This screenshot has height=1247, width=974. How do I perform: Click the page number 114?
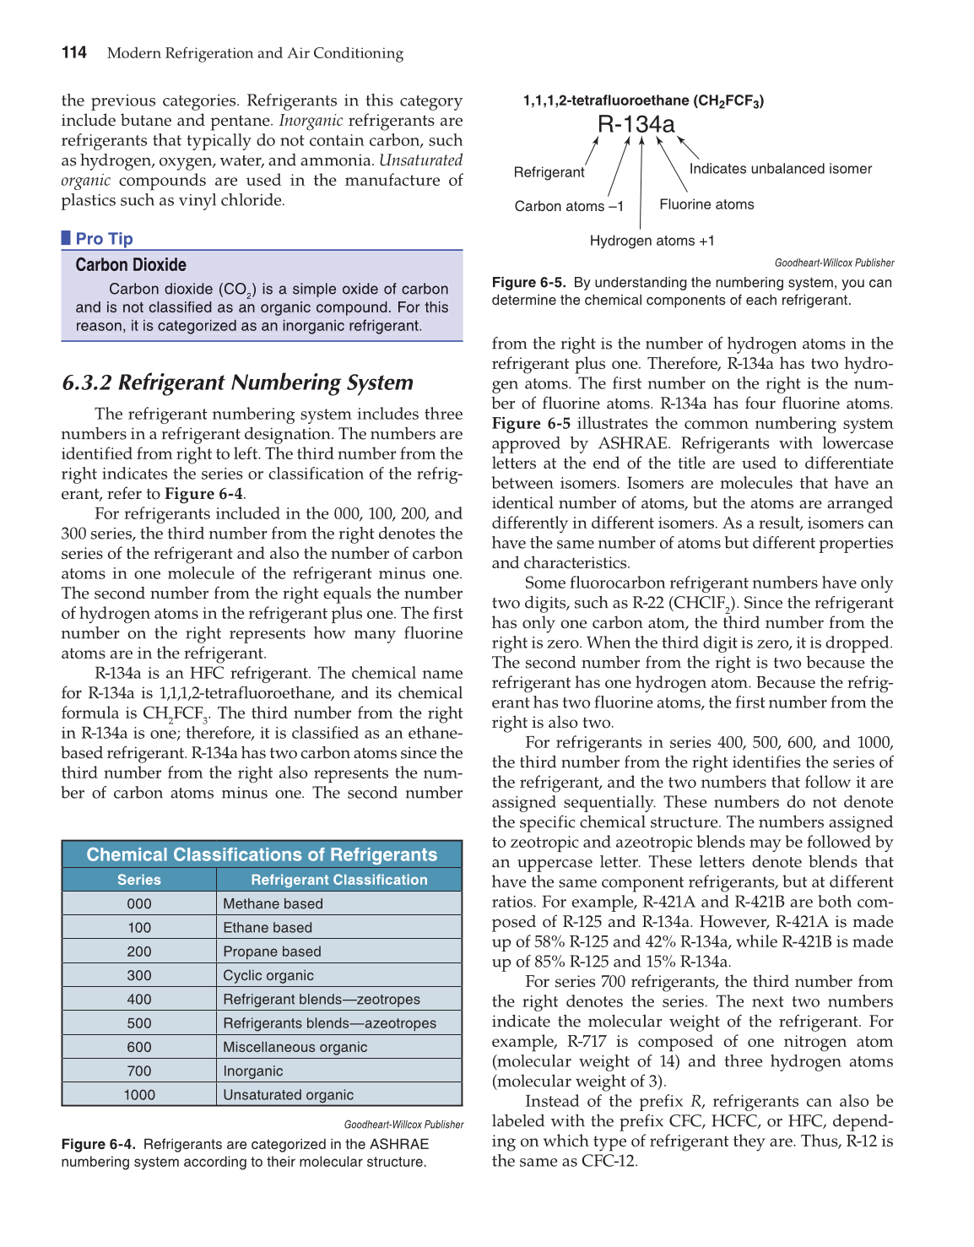tap(74, 53)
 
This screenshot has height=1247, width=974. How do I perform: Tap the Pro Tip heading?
tap(104, 239)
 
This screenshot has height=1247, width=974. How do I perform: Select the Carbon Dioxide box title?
tap(131, 265)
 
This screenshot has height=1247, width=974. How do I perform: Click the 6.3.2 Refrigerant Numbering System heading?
tap(237, 382)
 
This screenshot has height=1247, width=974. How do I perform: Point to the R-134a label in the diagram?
tap(636, 125)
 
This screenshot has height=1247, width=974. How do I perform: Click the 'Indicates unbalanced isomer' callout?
tap(780, 169)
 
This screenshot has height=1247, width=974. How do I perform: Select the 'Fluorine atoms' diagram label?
tap(706, 204)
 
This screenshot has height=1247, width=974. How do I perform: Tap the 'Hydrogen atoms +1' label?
tap(652, 241)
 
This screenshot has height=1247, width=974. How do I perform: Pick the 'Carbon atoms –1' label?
tap(569, 206)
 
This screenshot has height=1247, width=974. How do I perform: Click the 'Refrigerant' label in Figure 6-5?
tap(549, 172)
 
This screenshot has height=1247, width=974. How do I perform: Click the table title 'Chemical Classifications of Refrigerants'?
tap(262, 854)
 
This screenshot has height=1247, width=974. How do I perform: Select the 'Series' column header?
tap(139, 880)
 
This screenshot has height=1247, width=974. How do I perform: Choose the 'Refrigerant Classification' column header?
tap(338, 880)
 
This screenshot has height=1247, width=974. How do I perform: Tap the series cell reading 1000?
tap(139, 1095)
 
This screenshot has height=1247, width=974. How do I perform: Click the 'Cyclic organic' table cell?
tap(268, 975)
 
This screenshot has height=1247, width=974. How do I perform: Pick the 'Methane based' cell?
tap(273, 903)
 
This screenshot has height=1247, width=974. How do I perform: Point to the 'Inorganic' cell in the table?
tap(253, 1071)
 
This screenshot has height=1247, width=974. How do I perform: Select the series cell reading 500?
tap(139, 1023)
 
